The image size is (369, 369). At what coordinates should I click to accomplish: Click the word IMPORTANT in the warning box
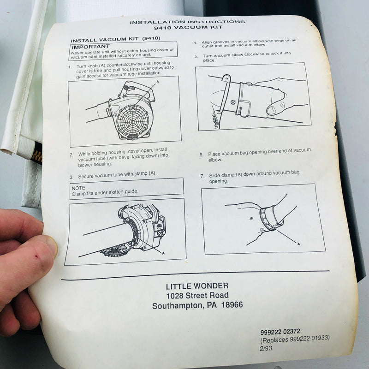pyautogui.click(x=91, y=47)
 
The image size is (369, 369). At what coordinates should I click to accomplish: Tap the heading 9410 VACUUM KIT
pyautogui.click(x=188, y=28)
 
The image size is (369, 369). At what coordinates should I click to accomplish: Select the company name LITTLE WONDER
pyautogui.click(x=197, y=286)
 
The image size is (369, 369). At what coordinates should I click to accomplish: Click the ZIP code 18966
pyautogui.click(x=232, y=305)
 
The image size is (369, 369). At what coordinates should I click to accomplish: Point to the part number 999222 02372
pyautogui.click(x=280, y=332)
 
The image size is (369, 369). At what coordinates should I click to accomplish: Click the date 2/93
pyautogui.click(x=266, y=348)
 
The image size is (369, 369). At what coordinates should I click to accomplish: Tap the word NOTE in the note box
pyautogui.click(x=78, y=188)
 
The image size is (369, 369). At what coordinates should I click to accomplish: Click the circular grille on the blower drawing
pyautogui.click(x=133, y=121)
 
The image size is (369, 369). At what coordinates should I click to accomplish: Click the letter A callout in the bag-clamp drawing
pyautogui.click(x=298, y=244)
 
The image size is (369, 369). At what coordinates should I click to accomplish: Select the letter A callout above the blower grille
pyautogui.click(x=158, y=82)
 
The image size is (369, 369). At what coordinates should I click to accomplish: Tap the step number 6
pyautogui.click(x=201, y=155)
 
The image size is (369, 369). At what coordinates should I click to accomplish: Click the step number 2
pyautogui.click(x=71, y=155)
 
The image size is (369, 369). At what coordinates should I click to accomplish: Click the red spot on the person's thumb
pyautogui.click(x=37, y=256)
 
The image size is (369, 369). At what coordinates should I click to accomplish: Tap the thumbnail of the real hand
pyautogui.click(x=52, y=247)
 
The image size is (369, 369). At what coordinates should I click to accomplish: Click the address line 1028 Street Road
pyautogui.click(x=197, y=296)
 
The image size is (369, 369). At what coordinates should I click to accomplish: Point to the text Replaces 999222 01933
pyautogui.click(x=295, y=339)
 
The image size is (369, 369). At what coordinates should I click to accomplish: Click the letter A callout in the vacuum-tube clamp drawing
pyautogui.click(x=163, y=253)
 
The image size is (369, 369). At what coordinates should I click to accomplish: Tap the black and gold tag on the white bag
pyautogui.click(x=36, y=153)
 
